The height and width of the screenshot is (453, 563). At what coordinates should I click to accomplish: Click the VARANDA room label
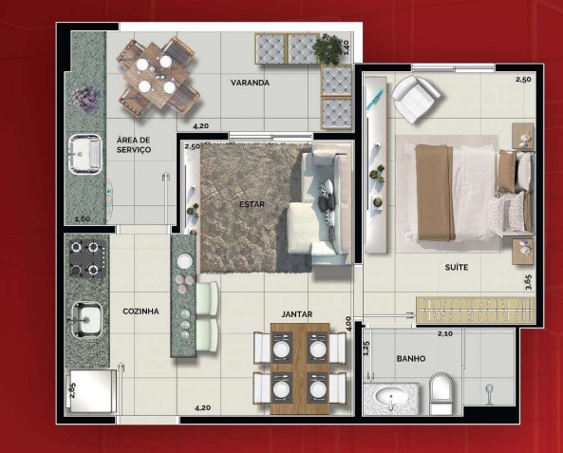pyautogui.click(x=251, y=84)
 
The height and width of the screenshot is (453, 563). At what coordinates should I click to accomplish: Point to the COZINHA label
pyautogui.click(x=141, y=311)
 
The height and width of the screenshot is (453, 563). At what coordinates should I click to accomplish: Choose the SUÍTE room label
pyautogui.click(x=456, y=268)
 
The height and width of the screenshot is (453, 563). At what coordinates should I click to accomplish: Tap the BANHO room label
pyautogui.click(x=410, y=358)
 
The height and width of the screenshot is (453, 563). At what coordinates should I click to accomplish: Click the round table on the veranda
pyautogui.click(x=157, y=74)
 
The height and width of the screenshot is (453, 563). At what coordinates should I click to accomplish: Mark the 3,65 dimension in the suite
pyautogui.click(x=526, y=283)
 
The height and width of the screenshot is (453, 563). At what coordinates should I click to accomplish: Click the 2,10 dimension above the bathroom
pyautogui.click(x=444, y=333)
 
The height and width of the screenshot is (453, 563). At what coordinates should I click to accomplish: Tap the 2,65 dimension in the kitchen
pyautogui.click(x=72, y=391)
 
